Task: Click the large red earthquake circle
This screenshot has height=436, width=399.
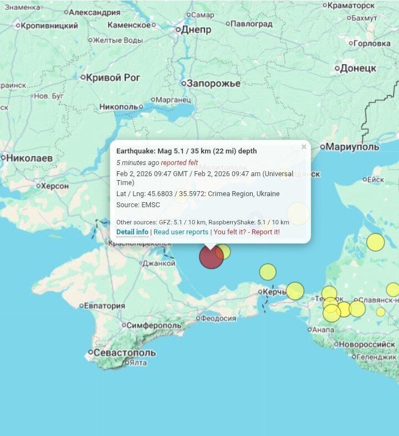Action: [x=211, y=257]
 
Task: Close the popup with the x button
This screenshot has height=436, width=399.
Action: [x=304, y=147]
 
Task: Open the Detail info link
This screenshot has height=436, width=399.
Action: [x=132, y=232]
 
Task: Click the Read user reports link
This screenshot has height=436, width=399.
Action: [x=181, y=232]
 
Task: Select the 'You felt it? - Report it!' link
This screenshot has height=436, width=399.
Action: [x=247, y=232]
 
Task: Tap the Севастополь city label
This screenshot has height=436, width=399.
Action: [x=125, y=352]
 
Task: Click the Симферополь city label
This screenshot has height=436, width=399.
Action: [x=154, y=325]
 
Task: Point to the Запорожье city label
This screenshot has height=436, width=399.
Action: [x=213, y=83]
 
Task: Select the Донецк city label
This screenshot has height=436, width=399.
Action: [x=358, y=68]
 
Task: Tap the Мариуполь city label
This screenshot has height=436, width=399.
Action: [x=352, y=147]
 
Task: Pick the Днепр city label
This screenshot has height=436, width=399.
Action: [x=196, y=29]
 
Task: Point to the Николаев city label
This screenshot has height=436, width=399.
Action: [x=29, y=158]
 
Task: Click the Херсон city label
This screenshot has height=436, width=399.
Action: [x=54, y=186]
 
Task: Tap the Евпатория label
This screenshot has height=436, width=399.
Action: [x=105, y=305]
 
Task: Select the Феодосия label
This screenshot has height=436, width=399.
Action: [x=218, y=318]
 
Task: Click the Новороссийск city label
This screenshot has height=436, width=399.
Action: [x=367, y=344]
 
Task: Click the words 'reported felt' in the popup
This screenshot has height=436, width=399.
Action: [x=180, y=163]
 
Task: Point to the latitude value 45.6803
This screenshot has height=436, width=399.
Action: [x=157, y=194]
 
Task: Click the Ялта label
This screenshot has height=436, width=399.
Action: [x=137, y=363]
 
